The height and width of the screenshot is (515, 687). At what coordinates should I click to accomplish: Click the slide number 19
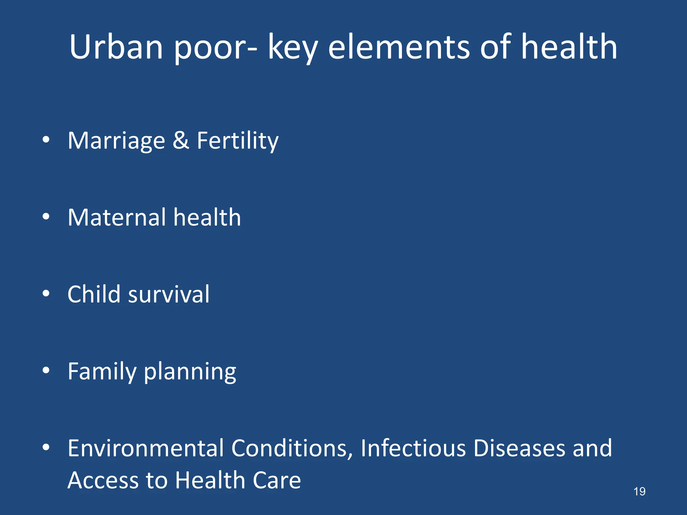pos(639,492)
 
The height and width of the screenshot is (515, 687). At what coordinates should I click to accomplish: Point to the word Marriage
pos(116,141)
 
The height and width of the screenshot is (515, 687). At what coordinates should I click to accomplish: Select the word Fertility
pos(237,141)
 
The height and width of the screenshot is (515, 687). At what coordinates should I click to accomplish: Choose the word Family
pos(102,371)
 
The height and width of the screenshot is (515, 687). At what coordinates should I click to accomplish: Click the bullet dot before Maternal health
pos(46,217)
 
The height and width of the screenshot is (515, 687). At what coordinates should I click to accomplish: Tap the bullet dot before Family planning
pos(46,370)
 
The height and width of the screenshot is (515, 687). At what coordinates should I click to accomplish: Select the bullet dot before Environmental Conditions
pos(46,447)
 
